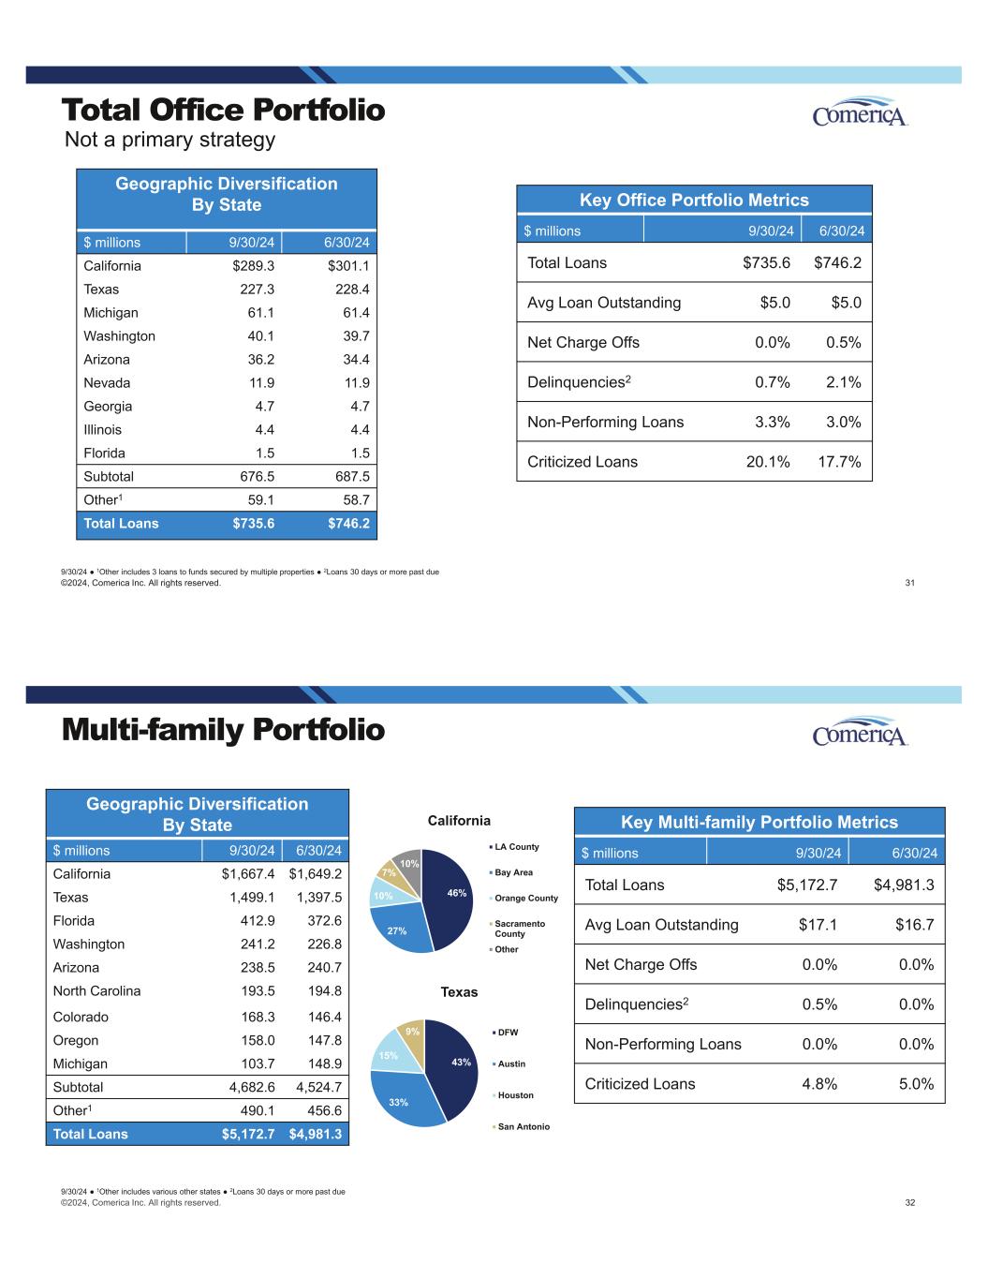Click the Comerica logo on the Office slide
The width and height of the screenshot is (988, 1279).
[860, 112]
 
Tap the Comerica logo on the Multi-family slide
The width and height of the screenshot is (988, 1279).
[860, 733]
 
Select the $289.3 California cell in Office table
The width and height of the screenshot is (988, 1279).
[253, 266]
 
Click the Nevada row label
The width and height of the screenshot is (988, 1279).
[107, 383]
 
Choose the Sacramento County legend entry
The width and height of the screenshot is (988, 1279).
[520, 929]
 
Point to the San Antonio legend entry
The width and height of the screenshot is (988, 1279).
[523, 1127]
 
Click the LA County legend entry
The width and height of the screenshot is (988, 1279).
[516, 847]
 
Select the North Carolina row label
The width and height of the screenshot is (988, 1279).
[96, 991]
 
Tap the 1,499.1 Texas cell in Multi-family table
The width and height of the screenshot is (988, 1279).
[251, 898]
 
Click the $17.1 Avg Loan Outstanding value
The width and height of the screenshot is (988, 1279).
[818, 925]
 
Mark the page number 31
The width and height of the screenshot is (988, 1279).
[909, 583]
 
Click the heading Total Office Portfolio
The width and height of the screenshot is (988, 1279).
[223, 111]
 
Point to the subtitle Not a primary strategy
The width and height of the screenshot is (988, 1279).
[170, 141]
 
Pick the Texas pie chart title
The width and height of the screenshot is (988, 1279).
[459, 992]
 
